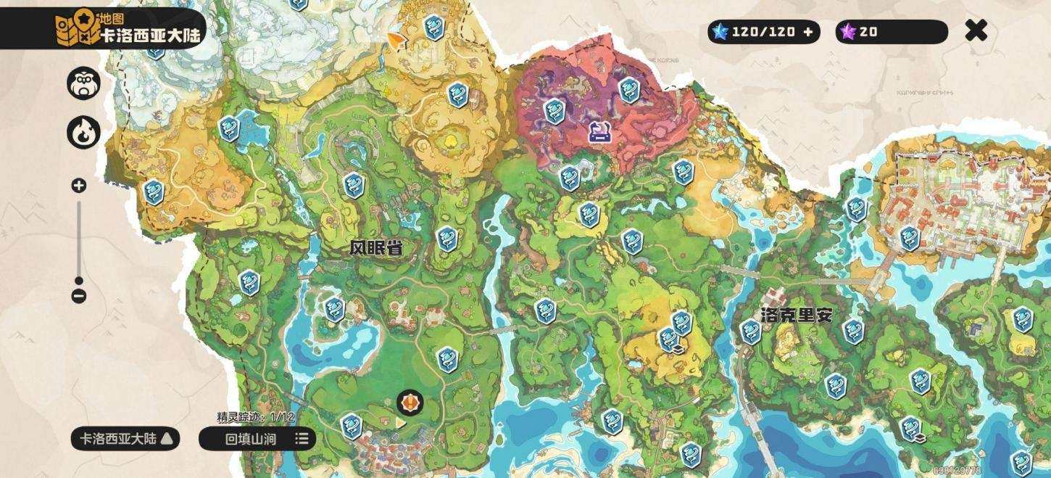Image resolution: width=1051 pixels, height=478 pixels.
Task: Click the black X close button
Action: (976, 30)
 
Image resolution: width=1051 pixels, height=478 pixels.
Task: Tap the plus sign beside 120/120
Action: (808, 32)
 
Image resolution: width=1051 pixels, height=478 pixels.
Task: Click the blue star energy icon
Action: (719, 32)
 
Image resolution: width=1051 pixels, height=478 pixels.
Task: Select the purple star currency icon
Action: (847, 32)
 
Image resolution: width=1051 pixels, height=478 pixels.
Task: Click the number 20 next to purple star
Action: (868, 32)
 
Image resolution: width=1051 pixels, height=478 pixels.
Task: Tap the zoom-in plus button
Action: (79, 186)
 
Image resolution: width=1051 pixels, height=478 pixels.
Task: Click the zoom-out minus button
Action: (79, 296)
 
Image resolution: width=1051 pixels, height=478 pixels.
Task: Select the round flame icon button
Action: (83, 133)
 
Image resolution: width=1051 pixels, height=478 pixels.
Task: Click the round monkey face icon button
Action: (83, 83)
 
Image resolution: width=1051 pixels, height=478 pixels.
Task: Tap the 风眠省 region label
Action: (375, 249)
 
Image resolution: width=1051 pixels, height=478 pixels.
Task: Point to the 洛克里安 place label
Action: (797, 315)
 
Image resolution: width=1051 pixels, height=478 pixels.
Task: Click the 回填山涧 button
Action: (250, 438)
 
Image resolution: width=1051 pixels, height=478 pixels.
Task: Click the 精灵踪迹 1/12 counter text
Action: (256, 417)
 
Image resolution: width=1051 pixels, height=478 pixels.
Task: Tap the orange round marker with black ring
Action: (410, 402)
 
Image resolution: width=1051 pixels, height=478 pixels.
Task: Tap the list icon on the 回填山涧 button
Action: (302, 438)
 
